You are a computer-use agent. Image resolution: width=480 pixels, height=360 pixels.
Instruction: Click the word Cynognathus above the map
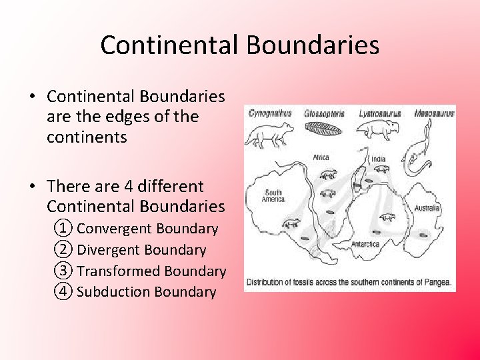click(x=270, y=113)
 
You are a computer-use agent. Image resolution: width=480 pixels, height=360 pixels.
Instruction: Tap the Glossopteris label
click(x=325, y=113)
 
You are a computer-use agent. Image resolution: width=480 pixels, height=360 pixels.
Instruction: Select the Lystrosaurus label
click(x=380, y=113)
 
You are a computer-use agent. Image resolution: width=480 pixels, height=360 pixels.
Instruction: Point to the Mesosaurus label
click(x=434, y=113)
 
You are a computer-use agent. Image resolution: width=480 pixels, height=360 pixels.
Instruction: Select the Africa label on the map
click(x=321, y=158)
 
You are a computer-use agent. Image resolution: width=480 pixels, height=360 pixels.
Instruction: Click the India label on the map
click(x=379, y=159)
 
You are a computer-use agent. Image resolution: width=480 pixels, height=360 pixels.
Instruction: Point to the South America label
click(x=273, y=196)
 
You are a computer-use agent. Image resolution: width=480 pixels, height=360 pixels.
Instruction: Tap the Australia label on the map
click(x=427, y=208)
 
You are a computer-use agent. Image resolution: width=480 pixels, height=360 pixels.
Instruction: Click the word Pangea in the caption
click(x=437, y=283)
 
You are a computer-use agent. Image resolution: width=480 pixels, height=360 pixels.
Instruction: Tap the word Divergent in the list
click(x=109, y=250)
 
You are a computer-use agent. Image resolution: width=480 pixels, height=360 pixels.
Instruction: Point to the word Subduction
click(x=114, y=292)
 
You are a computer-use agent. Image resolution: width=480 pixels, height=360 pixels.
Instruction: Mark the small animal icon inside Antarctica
click(x=386, y=218)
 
